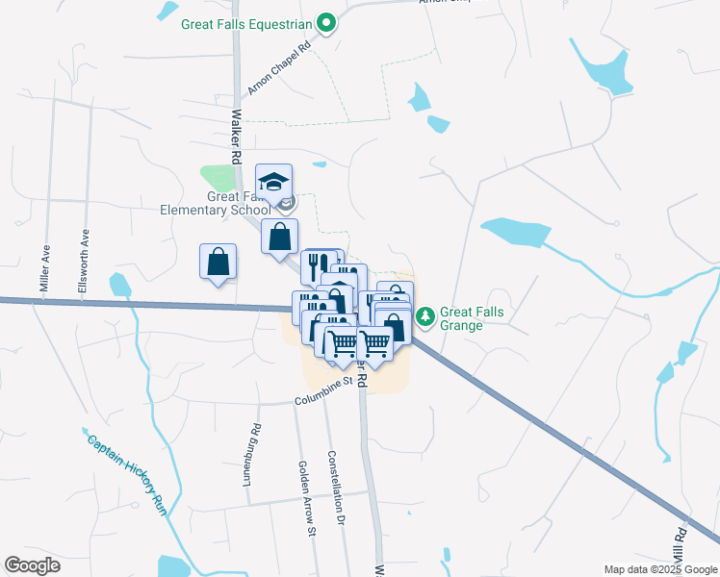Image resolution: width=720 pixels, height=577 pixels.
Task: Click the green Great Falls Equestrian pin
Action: pos(326,22)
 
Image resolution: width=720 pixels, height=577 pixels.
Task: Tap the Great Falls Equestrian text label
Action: pos(247,23)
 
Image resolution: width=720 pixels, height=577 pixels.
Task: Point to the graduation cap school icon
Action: pos(273,181)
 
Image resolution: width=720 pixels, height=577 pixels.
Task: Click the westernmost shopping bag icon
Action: pos(219,262)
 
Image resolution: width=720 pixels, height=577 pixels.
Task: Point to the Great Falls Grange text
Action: pos(472,319)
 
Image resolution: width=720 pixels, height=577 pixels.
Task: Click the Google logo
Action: pos(32,565)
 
